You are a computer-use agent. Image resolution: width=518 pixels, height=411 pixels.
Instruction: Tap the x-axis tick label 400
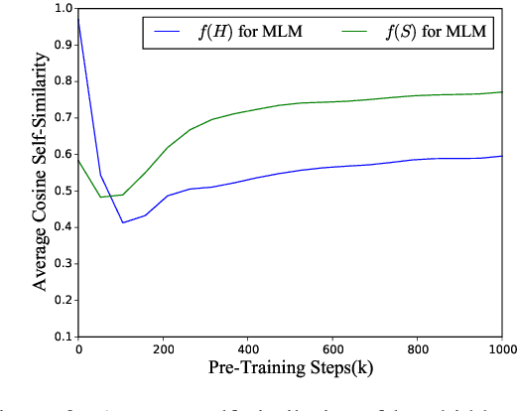coord(248,349)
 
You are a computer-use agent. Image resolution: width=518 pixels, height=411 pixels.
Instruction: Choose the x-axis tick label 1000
coord(502,349)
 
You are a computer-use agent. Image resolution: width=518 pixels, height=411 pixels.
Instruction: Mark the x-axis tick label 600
coord(333,349)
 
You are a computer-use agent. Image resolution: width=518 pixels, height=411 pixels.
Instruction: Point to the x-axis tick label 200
coord(164,349)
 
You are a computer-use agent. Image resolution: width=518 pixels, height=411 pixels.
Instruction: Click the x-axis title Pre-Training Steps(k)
coord(291,368)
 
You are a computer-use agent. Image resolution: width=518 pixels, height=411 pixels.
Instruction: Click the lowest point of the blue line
coord(122,222)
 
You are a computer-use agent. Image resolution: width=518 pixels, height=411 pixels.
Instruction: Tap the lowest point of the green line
coord(100,197)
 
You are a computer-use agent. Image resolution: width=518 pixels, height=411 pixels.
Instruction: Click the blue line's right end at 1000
coord(502,156)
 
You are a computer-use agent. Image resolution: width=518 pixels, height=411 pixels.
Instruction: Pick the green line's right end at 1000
coord(502,92)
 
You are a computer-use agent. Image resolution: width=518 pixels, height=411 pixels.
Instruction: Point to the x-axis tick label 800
coord(418,349)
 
